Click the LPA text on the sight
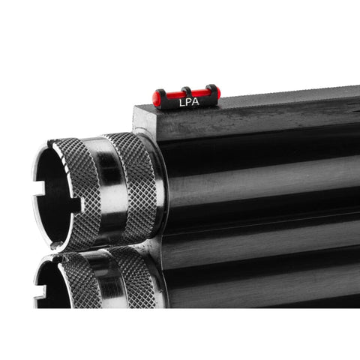point(189,102)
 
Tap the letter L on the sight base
point(181,102)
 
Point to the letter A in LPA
point(196,102)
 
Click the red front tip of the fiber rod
point(157,97)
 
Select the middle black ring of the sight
point(187,91)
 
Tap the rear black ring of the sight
point(211,90)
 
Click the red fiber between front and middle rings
point(173,94)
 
